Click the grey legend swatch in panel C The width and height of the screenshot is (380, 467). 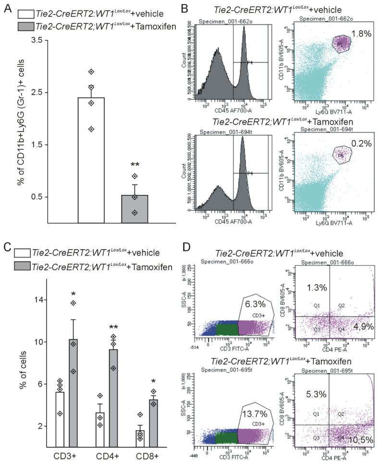(x=22, y=266)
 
